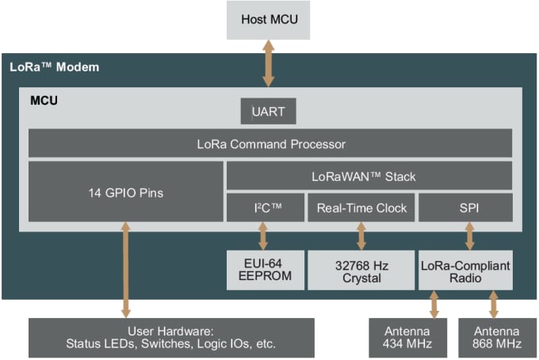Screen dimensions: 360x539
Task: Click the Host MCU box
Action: click(268, 19)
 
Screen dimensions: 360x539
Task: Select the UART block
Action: click(268, 112)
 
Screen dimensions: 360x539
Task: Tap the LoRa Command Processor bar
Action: click(269, 144)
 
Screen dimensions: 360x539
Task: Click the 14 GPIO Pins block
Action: click(124, 192)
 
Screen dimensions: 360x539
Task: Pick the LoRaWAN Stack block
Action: click(369, 176)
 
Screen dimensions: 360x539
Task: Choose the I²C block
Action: click(263, 208)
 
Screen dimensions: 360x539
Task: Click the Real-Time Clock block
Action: click(361, 208)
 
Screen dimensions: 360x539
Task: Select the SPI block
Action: click(464, 208)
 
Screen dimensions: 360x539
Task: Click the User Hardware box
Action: click(171, 337)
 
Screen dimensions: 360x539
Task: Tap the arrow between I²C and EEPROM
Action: click(263, 236)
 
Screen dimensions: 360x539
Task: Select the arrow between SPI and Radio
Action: click(468, 236)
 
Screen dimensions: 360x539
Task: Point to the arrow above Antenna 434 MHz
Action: click(434, 304)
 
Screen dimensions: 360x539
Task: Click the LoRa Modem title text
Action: click(55, 67)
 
